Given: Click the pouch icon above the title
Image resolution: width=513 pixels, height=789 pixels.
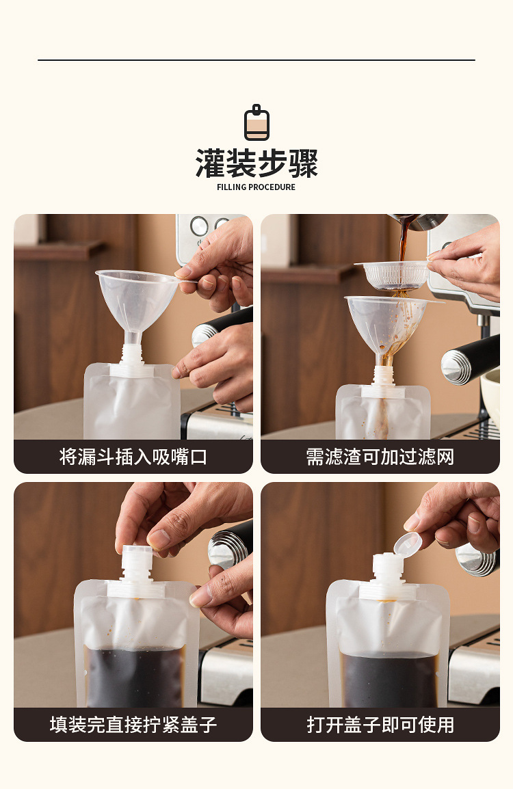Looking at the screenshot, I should (x=256, y=123).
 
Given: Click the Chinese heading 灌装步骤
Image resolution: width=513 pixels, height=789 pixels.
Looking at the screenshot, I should (x=256, y=164).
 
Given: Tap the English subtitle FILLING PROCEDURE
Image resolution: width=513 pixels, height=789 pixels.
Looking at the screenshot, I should (x=256, y=187).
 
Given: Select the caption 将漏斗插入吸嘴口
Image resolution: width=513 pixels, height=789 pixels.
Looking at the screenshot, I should (x=133, y=457).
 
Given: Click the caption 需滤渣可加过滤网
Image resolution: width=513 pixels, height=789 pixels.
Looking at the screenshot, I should (x=380, y=457).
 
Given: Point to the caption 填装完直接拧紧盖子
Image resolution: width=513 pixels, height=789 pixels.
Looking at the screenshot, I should (x=133, y=725).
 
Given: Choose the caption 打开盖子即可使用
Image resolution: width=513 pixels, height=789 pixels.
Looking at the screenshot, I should (x=380, y=725).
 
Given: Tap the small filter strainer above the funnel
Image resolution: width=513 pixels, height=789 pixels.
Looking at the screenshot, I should (x=395, y=274).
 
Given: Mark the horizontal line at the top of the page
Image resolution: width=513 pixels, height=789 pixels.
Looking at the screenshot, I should (x=256, y=60).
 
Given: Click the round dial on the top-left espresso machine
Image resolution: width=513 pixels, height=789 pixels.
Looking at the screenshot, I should (x=199, y=226).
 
